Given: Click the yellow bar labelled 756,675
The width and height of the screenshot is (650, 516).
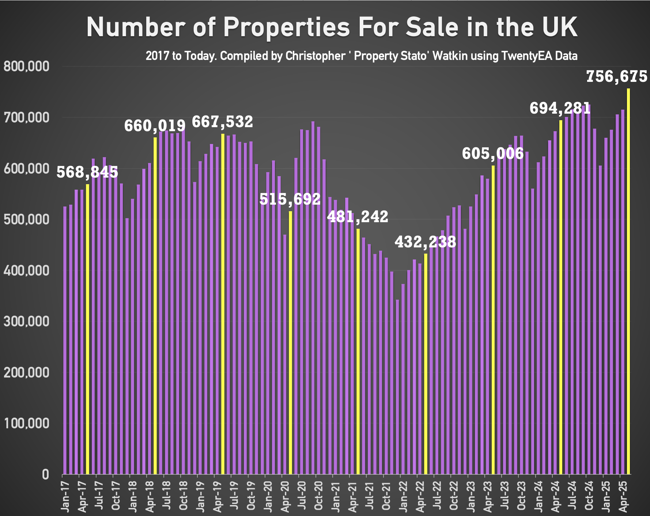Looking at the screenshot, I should pyautogui.click(x=628, y=281).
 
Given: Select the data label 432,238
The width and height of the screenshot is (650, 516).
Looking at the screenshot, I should pyautogui.click(x=425, y=242).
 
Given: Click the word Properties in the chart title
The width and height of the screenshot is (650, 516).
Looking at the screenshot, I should pyautogui.click(x=286, y=27).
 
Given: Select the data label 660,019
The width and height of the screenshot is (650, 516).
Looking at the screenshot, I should pyautogui.click(x=155, y=126).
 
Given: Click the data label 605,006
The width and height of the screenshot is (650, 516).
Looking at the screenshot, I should pyautogui.click(x=493, y=153).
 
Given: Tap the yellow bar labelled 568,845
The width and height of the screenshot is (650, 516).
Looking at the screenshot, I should pyautogui.click(x=87, y=329).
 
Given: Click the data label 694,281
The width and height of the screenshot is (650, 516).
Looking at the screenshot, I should pyautogui.click(x=560, y=108).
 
